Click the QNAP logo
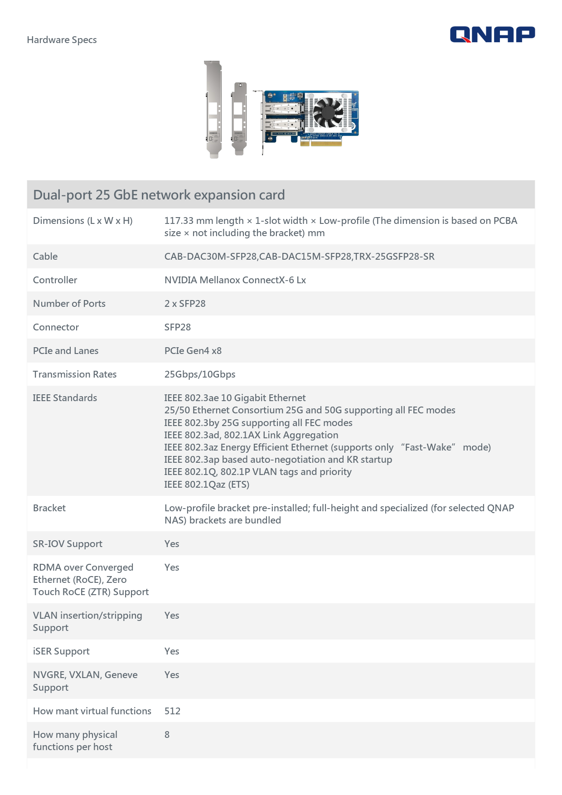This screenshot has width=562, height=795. [x=492, y=34]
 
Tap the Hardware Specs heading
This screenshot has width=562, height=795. [x=62, y=40]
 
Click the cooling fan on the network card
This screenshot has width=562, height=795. [x=328, y=111]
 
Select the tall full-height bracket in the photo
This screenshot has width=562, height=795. [x=213, y=109]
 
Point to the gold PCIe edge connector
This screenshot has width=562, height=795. [x=321, y=143]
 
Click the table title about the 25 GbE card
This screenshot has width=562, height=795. [x=159, y=195]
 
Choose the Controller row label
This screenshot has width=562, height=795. [x=55, y=280]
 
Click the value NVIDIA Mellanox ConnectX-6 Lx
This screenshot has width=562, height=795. [x=235, y=280]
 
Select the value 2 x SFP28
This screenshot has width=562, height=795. [x=184, y=304]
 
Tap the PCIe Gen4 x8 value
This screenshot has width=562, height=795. [x=193, y=351]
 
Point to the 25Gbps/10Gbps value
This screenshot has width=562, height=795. [x=199, y=374]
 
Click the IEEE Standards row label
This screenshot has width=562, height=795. [x=65, y=398]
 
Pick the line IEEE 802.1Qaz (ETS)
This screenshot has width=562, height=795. [x=206, y=485]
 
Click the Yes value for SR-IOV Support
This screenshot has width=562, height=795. [x=172, y=544]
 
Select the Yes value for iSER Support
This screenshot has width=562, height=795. [x=172, y=651]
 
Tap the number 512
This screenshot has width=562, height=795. [x=172, y=711]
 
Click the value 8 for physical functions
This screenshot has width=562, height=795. [x=167, y=735]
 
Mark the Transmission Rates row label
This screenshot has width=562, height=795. [x=75, y=374]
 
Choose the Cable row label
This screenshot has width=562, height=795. [x=45, y=257]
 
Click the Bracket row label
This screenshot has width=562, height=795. [x=49, y=508]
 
